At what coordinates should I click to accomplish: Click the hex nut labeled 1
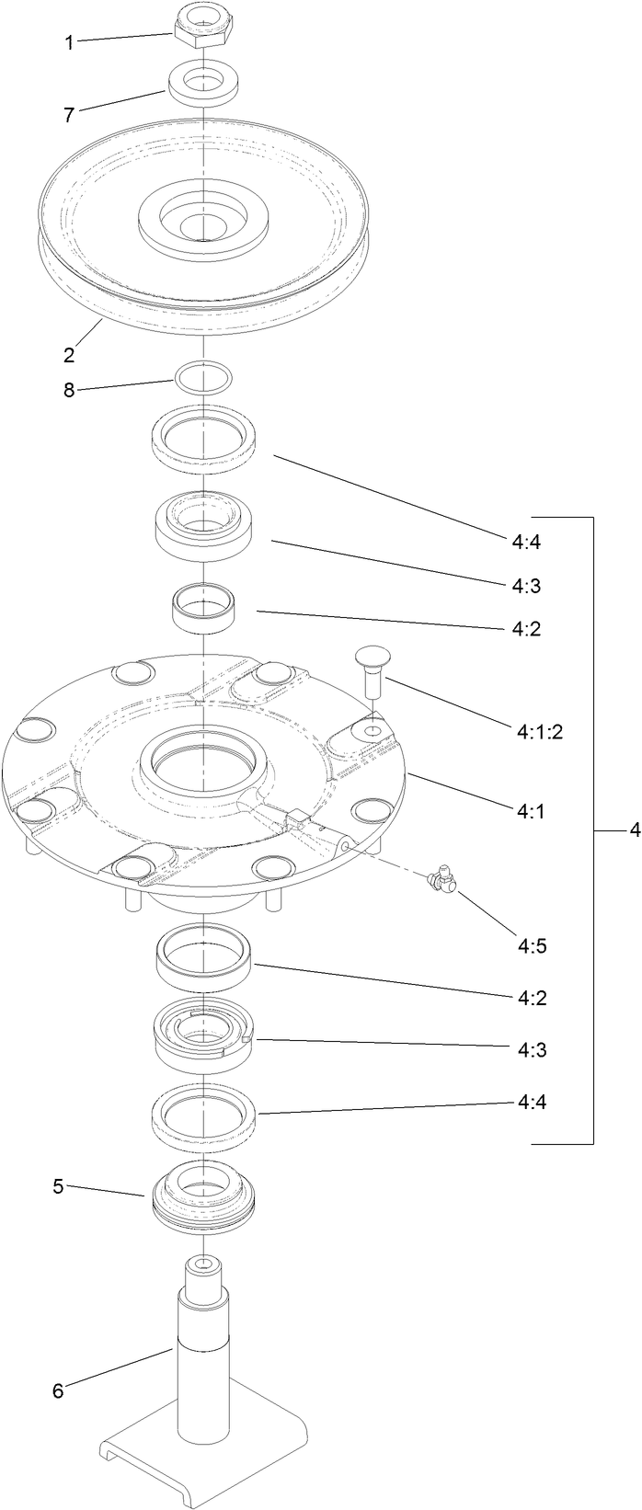[201, 26]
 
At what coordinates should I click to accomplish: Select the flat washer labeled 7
[201, 82]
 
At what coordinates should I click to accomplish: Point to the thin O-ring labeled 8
[202, 375]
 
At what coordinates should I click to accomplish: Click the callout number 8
[68, 390]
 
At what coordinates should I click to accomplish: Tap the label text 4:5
[530, 944]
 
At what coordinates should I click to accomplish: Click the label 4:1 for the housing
[528, 812]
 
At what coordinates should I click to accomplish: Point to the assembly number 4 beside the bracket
[634, 830]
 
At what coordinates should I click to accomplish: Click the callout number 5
[58, 1186]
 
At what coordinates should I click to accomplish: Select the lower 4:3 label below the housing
[529, 1049]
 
